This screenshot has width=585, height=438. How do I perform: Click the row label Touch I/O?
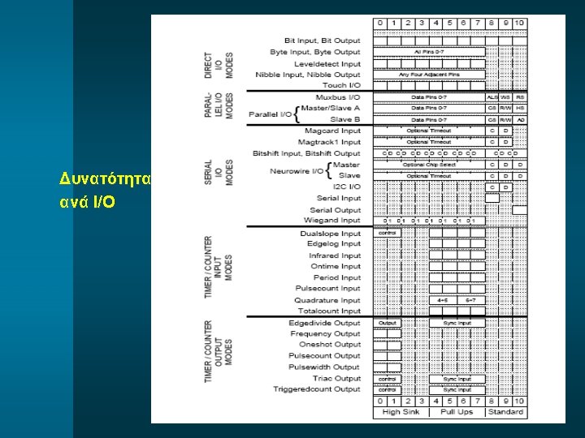click(x=341, y=85)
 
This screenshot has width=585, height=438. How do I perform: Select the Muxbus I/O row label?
click(x=338, y=97)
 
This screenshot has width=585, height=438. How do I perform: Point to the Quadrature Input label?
click(x=327, y=300)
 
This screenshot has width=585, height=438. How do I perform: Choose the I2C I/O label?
click(x=343, y=187)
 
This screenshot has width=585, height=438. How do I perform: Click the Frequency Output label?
click(x=325, y=333)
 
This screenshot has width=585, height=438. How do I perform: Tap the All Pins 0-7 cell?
click(x=429, y=52)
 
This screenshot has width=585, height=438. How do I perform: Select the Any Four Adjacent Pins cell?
click(x=429, y=75)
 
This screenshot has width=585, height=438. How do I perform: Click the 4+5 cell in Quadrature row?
click(x=443, y=300)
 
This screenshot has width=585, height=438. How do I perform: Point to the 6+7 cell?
click(x=470, y=300)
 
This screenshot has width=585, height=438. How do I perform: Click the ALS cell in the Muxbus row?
click(x=492, y=97)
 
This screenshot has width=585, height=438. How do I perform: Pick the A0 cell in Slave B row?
click(x=520, y=119)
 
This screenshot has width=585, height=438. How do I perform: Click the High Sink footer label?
click(x=401, y=412)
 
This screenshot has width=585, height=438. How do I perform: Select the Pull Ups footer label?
click(x=457, y=412)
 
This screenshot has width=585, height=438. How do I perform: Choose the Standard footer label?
click(x=505, y=412)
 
